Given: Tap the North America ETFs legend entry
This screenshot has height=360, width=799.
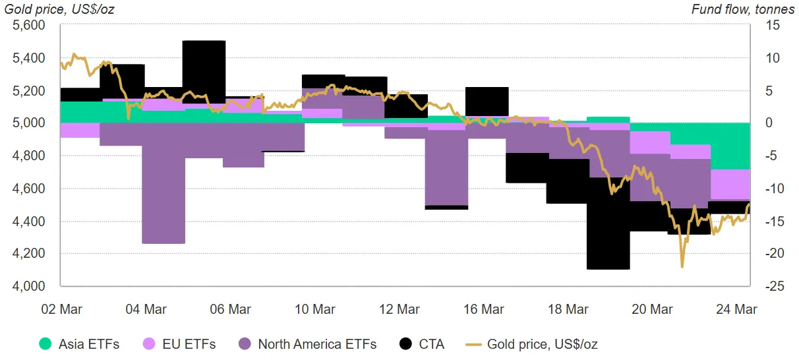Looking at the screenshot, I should (307, 344).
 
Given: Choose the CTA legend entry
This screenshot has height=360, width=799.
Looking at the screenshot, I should (422, 344).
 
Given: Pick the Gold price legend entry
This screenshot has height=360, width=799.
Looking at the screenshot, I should (534, 344).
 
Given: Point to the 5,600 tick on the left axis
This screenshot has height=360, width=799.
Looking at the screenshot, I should (28, 26).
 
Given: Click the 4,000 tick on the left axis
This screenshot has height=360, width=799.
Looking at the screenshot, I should (28, 286).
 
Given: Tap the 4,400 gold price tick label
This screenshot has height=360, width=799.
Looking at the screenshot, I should (28, 221).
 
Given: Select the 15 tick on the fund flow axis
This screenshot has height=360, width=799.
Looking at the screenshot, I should (773, 26).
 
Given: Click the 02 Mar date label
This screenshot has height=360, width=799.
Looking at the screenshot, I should (61, 309).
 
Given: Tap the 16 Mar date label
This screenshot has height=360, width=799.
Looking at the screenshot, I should (485, 309).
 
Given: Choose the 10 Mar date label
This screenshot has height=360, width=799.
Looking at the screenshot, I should (315, 309).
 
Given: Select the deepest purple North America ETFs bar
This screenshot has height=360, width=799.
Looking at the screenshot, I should (163, 198).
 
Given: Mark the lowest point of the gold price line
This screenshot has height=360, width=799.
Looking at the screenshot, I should (682, 266).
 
